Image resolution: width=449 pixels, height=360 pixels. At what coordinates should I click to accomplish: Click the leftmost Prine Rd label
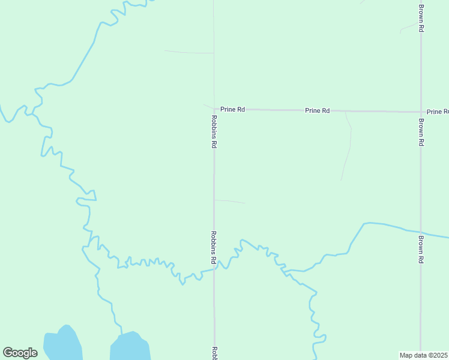[x=232, y=109]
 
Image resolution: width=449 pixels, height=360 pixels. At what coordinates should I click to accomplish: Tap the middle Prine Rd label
[x=317, y=110]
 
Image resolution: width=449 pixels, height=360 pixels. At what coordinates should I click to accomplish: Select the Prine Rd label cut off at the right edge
[x=437, y=112]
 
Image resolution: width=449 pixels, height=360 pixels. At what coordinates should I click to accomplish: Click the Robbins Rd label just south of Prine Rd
[x=213, y=131]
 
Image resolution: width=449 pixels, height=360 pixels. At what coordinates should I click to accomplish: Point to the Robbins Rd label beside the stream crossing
[x=213, y=248]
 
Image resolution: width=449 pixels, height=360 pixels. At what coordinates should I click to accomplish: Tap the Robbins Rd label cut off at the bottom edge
[x=214, y=353]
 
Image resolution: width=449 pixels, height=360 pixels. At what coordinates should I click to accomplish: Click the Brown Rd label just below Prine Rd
[x=421, y=132]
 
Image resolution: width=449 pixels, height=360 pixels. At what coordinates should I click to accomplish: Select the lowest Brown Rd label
[x=421, y=250]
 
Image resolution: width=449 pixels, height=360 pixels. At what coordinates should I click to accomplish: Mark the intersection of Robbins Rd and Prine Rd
[x=214, y=109]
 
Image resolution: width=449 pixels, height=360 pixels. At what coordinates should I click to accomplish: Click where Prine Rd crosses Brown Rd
[x=421, y=112]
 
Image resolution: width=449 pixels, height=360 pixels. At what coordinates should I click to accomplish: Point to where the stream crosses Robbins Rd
[x=214, y=270]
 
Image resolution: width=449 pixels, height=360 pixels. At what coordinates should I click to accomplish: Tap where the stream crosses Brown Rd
[x=421, y=232]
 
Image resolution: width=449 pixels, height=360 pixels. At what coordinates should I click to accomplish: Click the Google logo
[x=20, y=353]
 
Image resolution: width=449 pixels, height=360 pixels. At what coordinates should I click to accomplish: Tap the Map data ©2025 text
[x=424, y=355]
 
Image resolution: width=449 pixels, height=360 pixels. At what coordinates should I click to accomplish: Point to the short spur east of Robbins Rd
[x=230, y=201]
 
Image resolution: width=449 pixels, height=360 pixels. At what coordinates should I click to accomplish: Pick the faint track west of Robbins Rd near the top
[x=189, y=52]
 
